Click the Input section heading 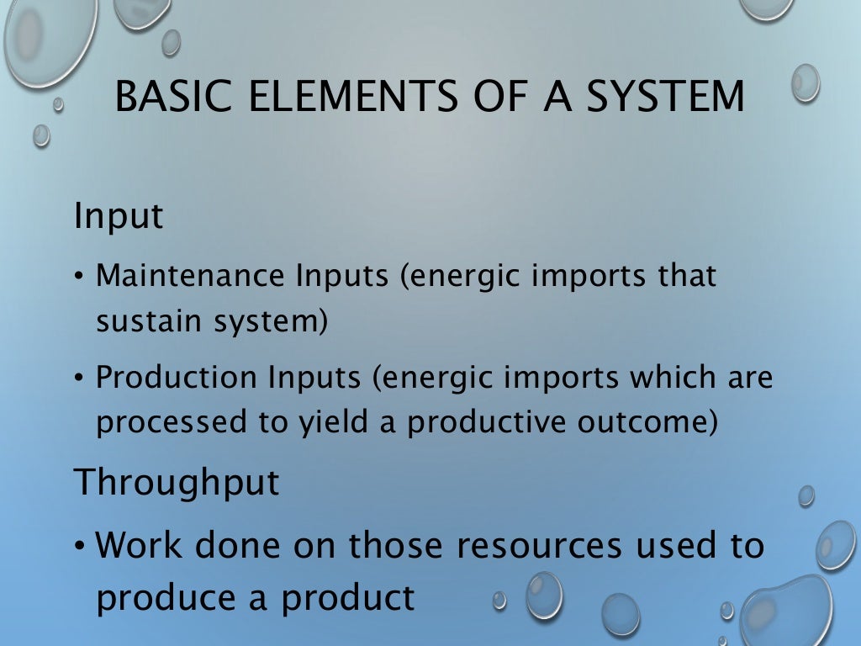pyautogui.click(x=119, y=217)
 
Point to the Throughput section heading pyautogui.click(x=177, y=483)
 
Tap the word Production pyautogui.click(x=177, y=378)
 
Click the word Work pyautogui.click(x=140, y=546)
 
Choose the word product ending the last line pyautogui.click(x=348, y=598)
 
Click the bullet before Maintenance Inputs pyautogui.click(x=78, y=277)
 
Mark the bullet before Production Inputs pyautogui.click(x=78, y=379)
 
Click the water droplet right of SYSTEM pyautogui.click(x=806, y=83)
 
